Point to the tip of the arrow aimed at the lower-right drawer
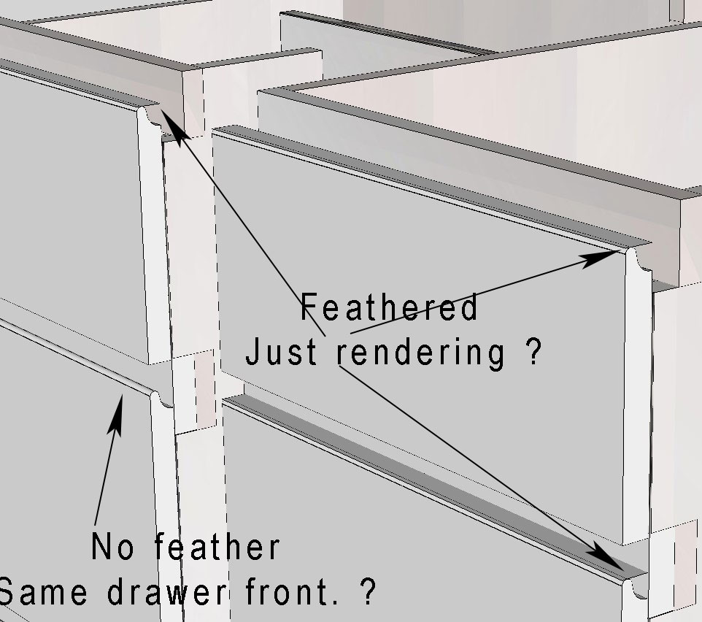624,570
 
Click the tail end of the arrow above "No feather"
95,526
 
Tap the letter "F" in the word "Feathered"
309,307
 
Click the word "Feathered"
389,307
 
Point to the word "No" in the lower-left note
112,546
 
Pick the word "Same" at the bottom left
43,592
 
